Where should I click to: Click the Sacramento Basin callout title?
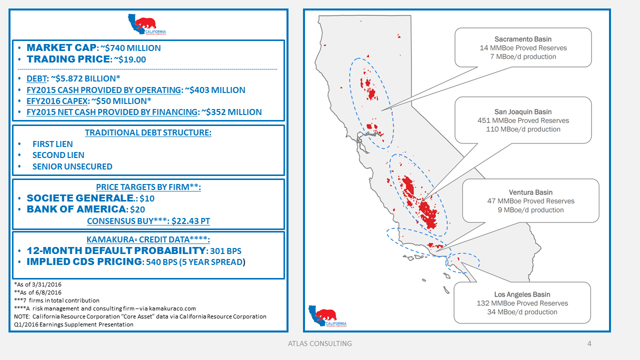click(523, 39)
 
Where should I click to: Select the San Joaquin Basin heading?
click(523, 111)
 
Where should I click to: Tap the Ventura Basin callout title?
click(530, 192)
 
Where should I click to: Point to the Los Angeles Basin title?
click(522, 294)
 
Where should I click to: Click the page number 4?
click(589, 343)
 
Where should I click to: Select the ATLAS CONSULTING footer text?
click(319, 343)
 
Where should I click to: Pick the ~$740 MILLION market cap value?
click(131, 48)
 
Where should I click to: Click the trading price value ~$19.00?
click(128, 59)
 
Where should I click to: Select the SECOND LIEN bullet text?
click(58, 155)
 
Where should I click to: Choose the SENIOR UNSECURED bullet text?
click(72, 166)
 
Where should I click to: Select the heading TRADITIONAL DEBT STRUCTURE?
click(148, 133)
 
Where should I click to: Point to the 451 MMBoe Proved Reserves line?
click(523, 120)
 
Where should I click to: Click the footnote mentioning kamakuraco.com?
click(105, 308)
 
